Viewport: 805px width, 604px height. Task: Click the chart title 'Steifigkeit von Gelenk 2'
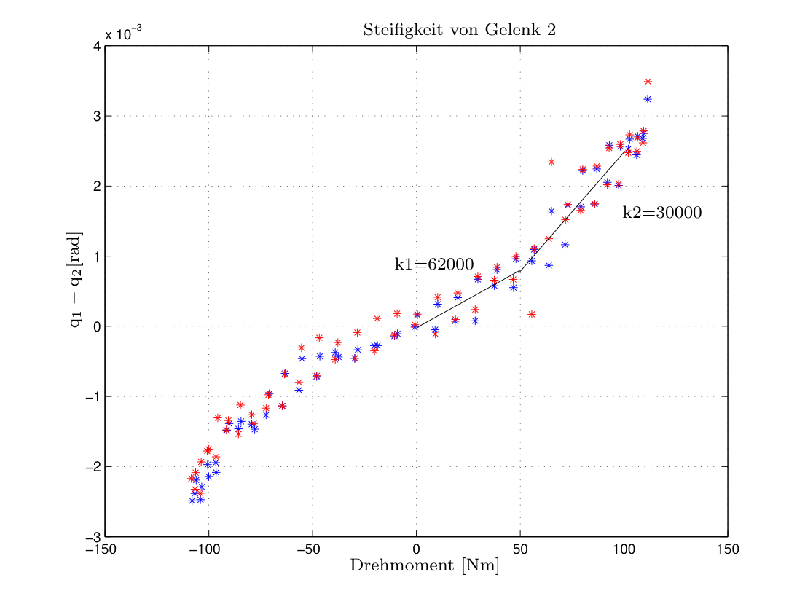(460, 30)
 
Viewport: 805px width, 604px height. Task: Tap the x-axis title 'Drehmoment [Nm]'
(425, 565)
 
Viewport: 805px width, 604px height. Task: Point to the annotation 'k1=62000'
(433, 264)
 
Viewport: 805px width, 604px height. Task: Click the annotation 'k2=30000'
(661, 213)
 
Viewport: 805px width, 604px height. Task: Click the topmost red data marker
(648, 82)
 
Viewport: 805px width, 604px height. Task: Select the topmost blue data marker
(648, 99)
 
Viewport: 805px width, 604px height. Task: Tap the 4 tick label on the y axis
(97, 47)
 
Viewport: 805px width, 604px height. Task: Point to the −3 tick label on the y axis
(93, 537)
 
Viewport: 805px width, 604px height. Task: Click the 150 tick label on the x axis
(728, 549)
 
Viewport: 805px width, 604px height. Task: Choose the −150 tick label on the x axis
(102, 549)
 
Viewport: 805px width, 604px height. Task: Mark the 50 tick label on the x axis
(520, 549)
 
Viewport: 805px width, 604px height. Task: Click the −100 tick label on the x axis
(205, 549)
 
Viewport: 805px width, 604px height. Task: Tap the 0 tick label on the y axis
(97, 326)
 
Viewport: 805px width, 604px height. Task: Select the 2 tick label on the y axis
(97, 187)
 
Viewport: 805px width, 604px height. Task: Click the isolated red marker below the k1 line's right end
(532, 314)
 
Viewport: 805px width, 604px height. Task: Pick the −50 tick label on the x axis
(309, 549)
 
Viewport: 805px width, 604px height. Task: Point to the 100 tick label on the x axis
(624, 549)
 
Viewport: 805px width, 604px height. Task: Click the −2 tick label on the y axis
(93, 467)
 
